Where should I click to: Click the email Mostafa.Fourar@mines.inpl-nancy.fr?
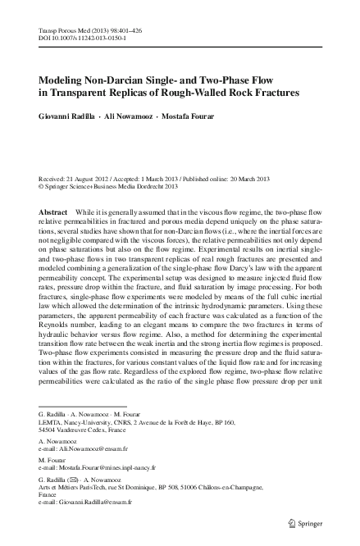[x=116, y=470]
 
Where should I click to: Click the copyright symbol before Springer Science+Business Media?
[x=42, y=185]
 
